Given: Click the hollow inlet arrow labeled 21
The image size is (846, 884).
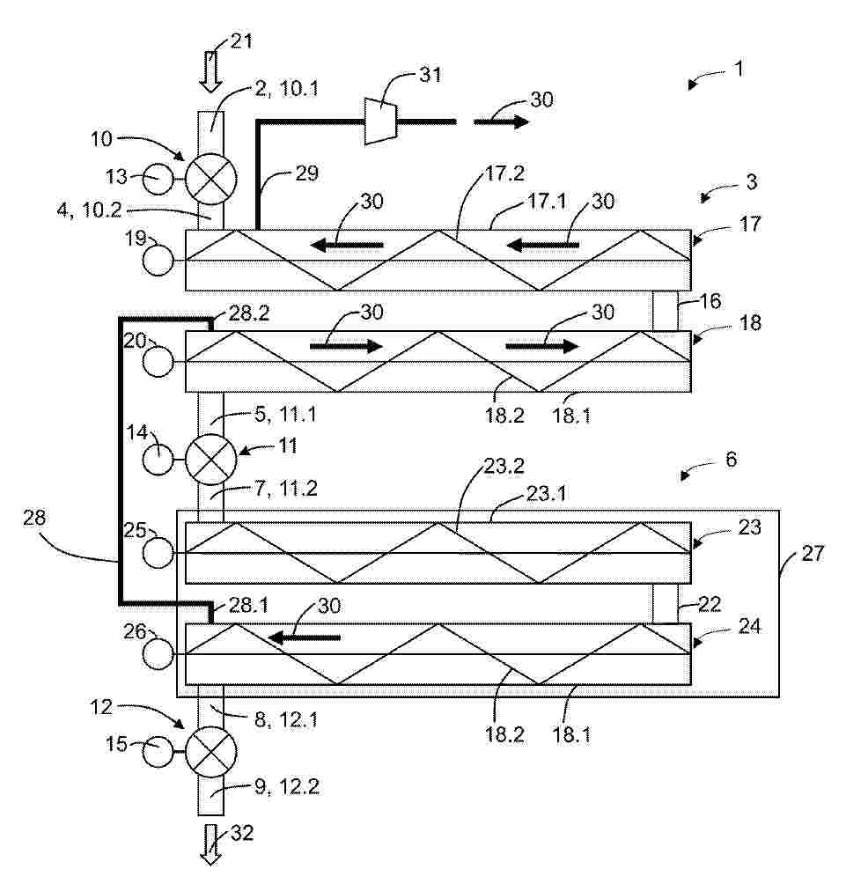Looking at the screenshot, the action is click(210, 70).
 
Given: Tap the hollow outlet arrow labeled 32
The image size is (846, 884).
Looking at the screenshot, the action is click(210, 844).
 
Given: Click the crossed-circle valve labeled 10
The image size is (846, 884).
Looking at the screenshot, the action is click(210, 178).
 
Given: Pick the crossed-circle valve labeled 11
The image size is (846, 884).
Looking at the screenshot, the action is click(210, 459).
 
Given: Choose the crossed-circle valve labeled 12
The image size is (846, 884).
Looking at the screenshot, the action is click(210, 752).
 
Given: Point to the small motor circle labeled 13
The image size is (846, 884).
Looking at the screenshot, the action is click(158, 180).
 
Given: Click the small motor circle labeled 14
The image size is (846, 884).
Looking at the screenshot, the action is click(158, 460).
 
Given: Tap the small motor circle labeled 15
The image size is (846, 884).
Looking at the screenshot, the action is click(158, 752).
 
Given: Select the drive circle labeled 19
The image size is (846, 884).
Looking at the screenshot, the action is click(158, 260).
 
